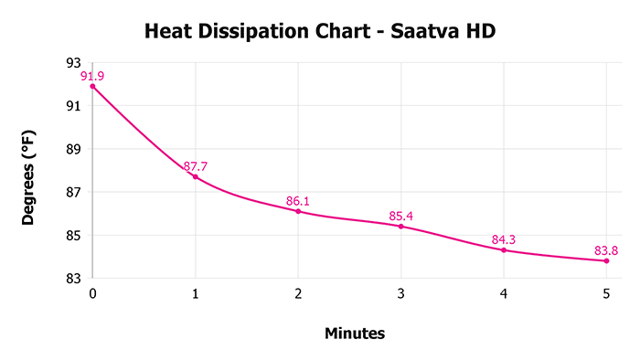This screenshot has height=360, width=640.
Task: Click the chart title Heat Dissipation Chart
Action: tap(319, 33)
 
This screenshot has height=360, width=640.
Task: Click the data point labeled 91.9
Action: tap(92, 86)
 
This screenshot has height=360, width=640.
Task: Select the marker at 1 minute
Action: tap(195, 176)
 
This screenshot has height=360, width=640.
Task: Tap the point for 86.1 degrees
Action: tap(298, 211)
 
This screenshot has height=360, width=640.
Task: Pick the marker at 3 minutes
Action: tap(400, 226)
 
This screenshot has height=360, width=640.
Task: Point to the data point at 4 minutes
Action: tap(504, 249)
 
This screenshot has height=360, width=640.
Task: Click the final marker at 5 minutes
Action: tap(606, 260)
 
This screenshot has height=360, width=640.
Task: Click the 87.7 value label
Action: tap(196, 166)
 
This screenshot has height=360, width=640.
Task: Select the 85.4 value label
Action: tap(401, 216)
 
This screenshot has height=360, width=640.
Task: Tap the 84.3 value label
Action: tap(505, 240)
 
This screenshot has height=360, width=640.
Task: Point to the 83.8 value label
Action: tap(607, 250)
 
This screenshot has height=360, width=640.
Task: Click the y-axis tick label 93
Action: tap(74, 63)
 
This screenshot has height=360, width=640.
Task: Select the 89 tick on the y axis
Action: tap(74, 149)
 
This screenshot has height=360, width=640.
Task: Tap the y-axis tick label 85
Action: tap(74, 236)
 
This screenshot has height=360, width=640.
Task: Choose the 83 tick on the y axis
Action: tap(74, 279)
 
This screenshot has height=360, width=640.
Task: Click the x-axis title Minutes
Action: tap(355, 334)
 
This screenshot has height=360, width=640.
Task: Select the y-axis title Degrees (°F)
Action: tap(29, 171)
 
